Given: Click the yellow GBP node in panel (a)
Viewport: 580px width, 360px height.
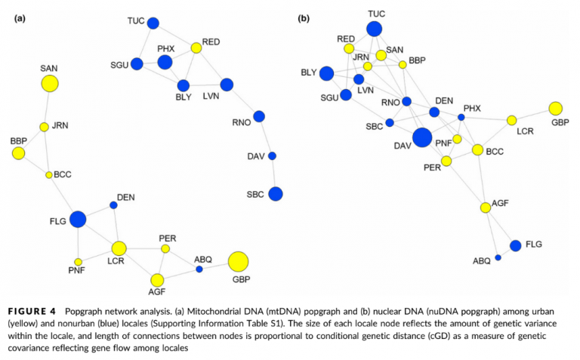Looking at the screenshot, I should (x=238, y=261).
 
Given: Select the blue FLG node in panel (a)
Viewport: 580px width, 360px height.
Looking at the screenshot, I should (x=78, y=220).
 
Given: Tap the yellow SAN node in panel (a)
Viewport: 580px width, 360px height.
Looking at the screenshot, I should (x=50, y=84).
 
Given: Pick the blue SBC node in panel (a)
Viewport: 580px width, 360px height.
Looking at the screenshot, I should (x=276, y=194).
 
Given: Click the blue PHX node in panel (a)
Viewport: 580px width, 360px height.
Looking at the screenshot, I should (x=165, y=62).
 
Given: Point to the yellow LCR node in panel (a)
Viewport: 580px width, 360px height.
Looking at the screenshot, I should (x=119, y=248).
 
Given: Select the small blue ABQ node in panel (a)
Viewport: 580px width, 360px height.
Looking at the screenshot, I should (x=199, y=269).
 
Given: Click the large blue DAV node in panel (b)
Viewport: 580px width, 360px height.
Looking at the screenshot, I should (x=422, y=137).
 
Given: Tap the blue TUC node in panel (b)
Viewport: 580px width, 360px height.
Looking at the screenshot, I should (x=374, y=29).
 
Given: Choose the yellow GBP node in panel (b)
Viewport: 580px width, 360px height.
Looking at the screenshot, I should (x=556, y=108).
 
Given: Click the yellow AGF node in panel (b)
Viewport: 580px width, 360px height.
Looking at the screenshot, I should (x=486, y=208).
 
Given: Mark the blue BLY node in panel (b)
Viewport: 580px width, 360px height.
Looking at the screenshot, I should (x=326, y=73).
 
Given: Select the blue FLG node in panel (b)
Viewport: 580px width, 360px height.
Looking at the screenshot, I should (x=515, y=245).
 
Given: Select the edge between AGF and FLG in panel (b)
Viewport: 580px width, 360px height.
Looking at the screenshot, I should (x=500, y=226).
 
